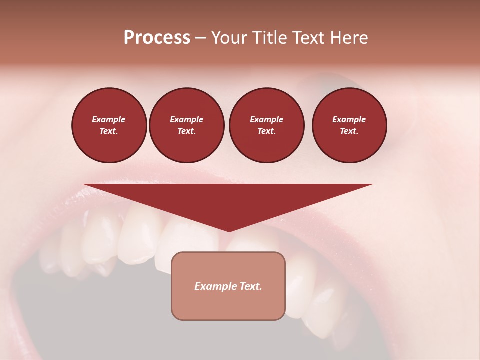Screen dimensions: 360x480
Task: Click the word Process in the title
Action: point(157,38)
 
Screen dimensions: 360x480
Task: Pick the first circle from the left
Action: point(109,125)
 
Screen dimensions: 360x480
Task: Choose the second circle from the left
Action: point(186,125)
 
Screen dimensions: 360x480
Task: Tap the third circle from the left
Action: point(266,125)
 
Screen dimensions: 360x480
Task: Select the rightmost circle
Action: point(349,125)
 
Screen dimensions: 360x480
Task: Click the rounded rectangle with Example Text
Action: point(228,286)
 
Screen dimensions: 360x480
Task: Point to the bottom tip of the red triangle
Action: point(229,231)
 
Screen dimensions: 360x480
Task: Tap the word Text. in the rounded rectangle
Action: point(250,286)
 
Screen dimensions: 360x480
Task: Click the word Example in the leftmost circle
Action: point(109,119)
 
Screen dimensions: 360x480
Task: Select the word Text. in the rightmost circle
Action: point(349,131)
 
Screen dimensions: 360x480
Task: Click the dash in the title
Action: point(201,38)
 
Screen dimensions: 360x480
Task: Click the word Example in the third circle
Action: point(266,119)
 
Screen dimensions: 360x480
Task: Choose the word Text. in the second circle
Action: point(186,131)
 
